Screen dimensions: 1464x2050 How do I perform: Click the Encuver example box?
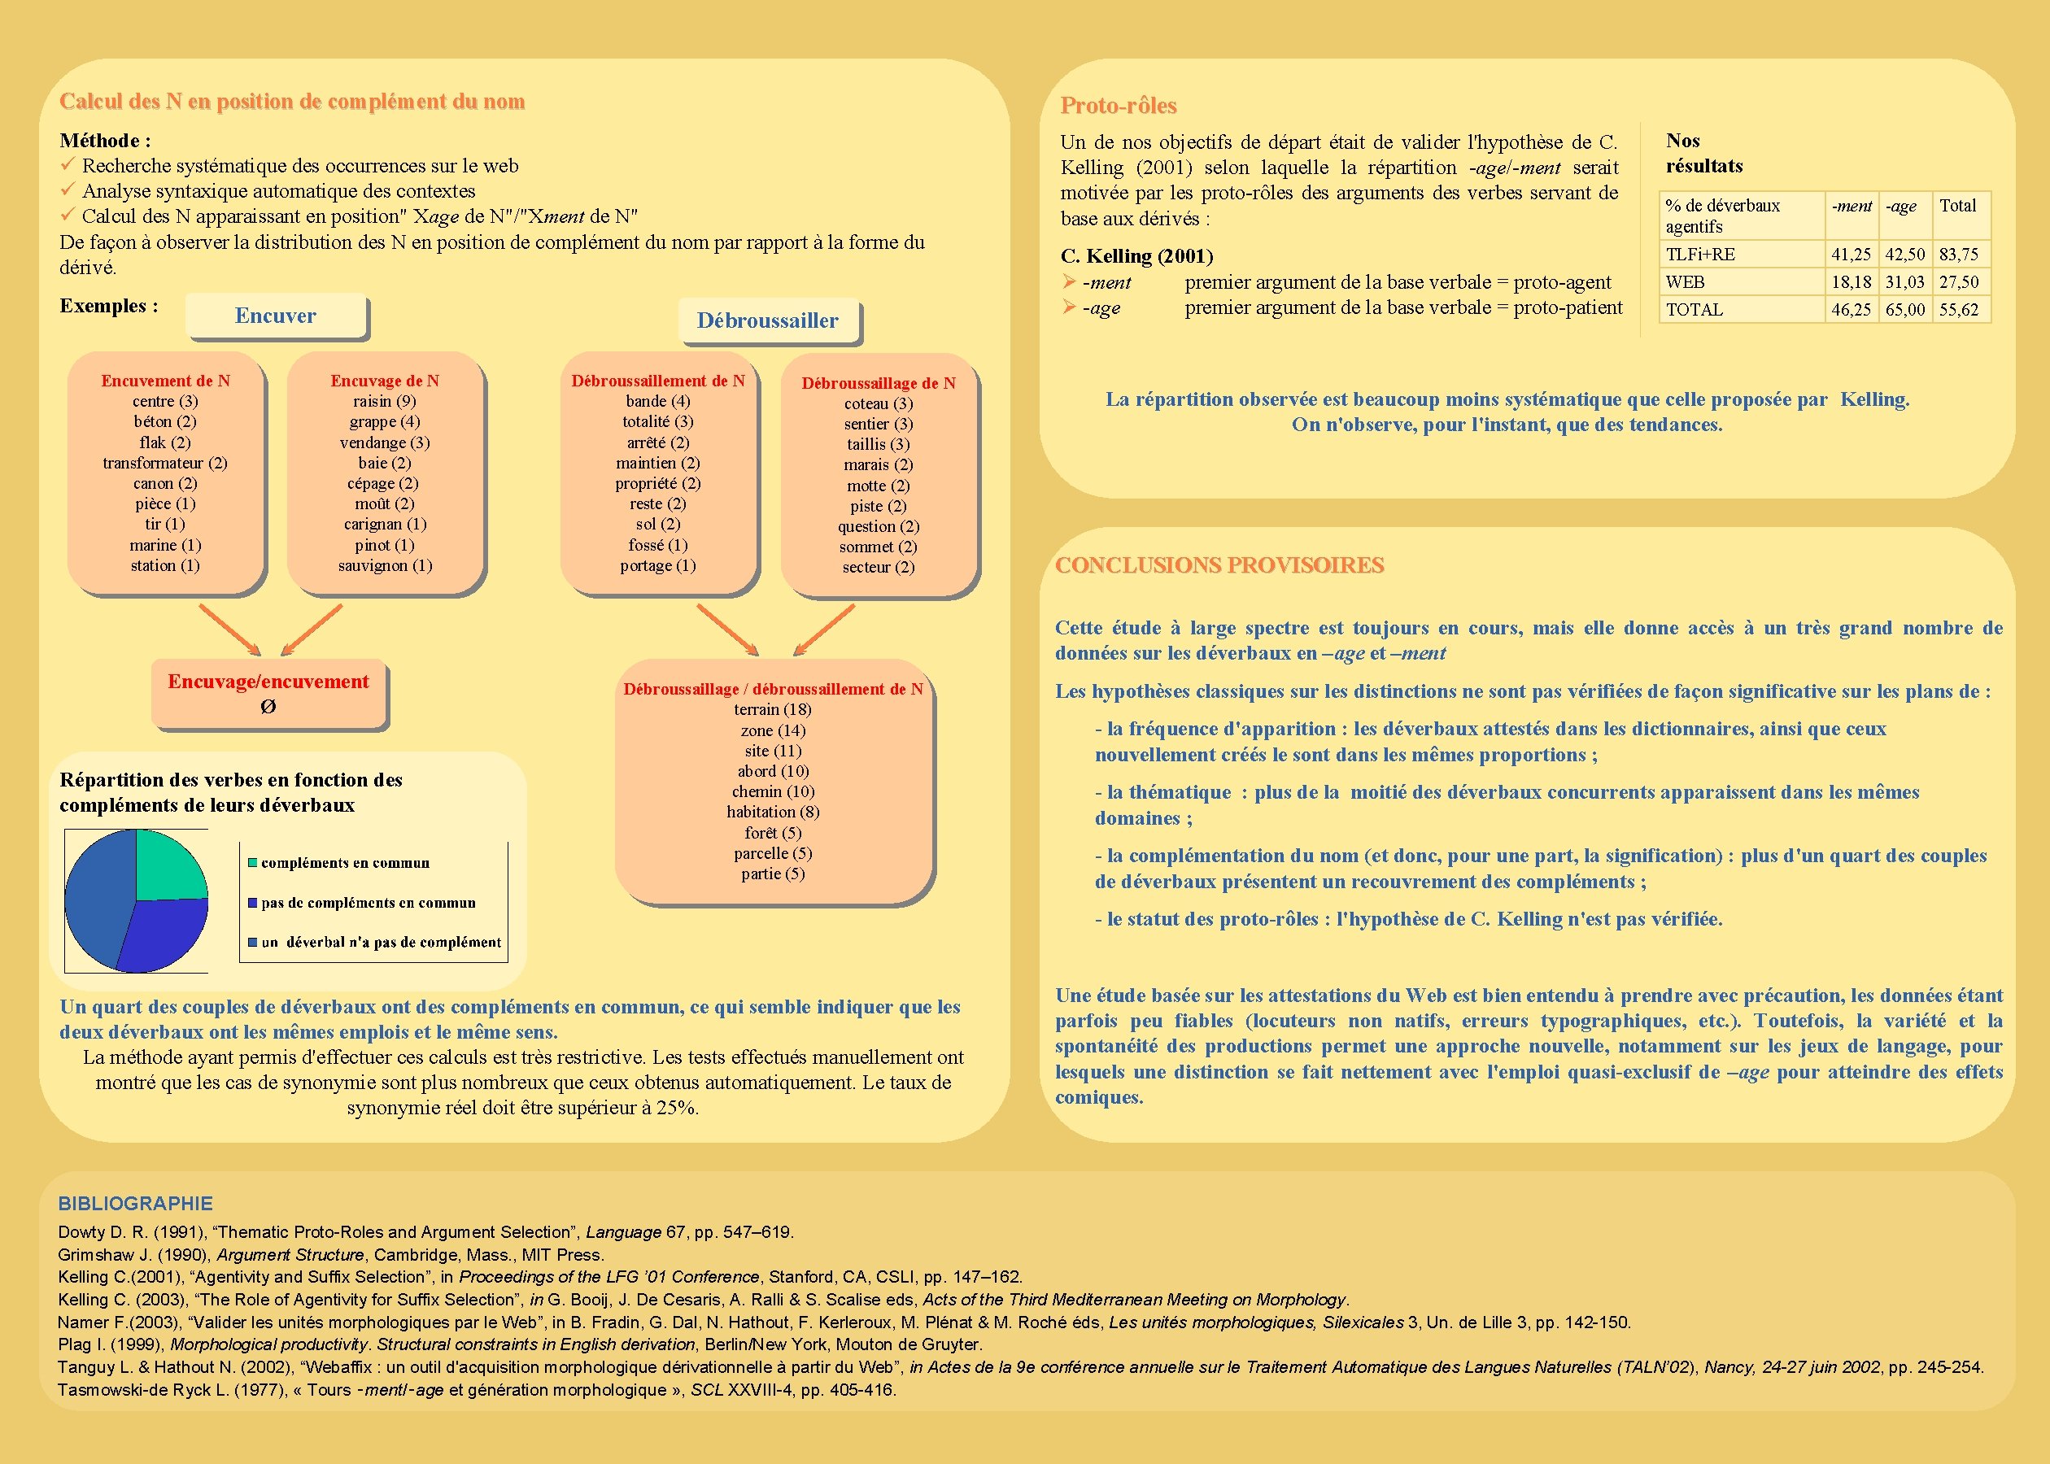click(276, 316)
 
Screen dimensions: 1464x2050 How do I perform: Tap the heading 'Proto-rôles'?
click(1118, 106)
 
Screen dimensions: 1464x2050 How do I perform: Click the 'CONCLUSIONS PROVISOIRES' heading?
click(1219, 565)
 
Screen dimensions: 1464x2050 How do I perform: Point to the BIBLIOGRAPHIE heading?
click(135, 1204)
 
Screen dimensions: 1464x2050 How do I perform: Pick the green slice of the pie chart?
click(168, 865)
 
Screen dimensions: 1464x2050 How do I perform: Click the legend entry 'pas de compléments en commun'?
click(368, 902)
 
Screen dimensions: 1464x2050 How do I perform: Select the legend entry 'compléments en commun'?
click(344, 863)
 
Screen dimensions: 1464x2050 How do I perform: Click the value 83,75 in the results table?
click(1958, 255)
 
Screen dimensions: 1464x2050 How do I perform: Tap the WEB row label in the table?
click(1685, 282)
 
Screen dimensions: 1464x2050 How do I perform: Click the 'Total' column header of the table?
click(1957, 206)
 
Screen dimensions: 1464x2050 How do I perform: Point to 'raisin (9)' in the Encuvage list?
click(385, 401)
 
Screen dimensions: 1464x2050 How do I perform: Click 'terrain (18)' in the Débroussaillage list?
click(773, 709)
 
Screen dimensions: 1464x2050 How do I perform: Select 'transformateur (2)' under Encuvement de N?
click(165, 463)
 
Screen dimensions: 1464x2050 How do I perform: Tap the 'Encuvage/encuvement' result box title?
click(268, 682)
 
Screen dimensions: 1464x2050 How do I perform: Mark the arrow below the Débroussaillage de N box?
click(824, 630)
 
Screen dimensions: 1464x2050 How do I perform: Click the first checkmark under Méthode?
click(67, 165)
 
